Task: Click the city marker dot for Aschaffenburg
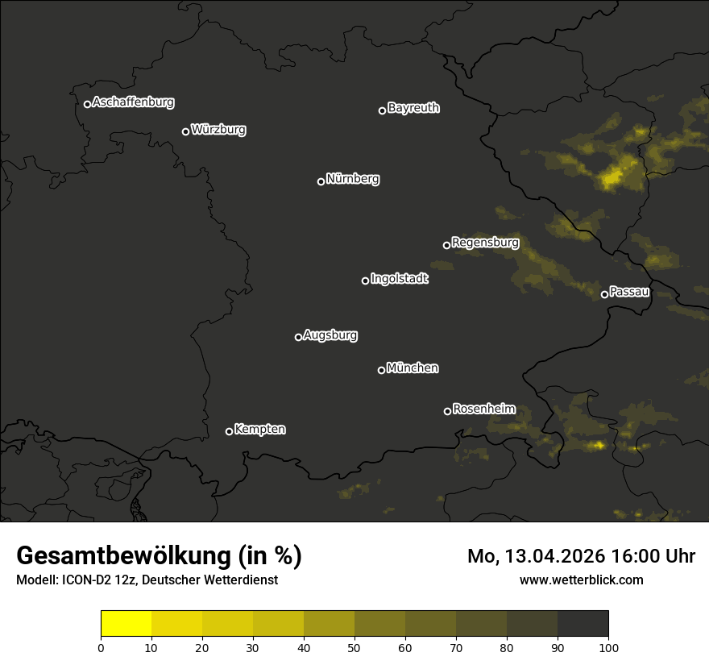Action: (x=87, y=104)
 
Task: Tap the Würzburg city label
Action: (x=218, y=130)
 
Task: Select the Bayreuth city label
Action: (x=413, y=108)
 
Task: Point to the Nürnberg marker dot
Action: (x=321, y=181)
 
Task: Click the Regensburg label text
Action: (x=485, y=243)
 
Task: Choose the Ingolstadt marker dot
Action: (x=365, y=280)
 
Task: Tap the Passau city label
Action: (x=629, y=292)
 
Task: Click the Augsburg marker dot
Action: (x=298, y=337)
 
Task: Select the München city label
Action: (x=413, y=368)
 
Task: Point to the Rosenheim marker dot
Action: (x=447, y=411)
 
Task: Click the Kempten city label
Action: (x=259, y=430)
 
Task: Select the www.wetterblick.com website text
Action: (x=581, y=580)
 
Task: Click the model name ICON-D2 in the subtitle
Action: (x=84, y=580)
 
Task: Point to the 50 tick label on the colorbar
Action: (x=354, y=647)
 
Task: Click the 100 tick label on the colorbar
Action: (x=608, y=647)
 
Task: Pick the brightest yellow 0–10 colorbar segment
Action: (x=126, y=624)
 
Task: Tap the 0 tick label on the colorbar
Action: (x=101, y=647)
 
